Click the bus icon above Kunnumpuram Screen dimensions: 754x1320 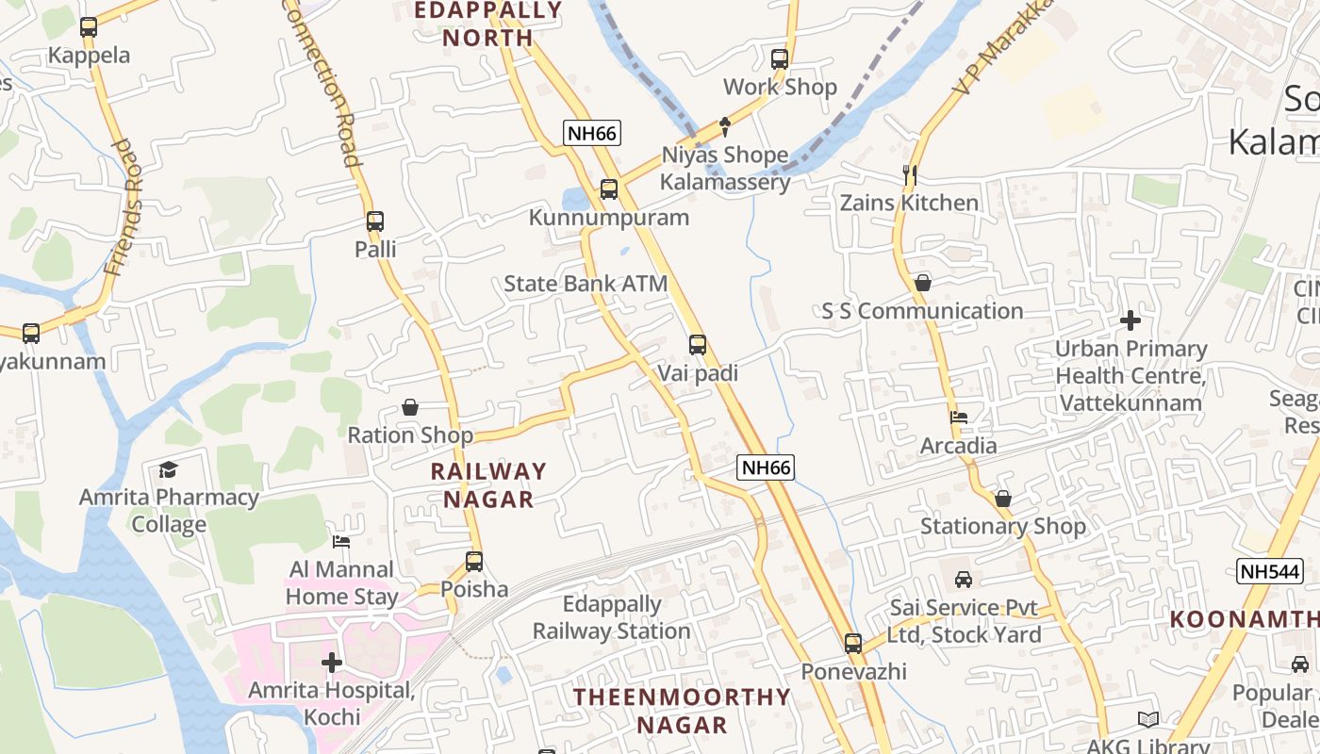(609, 189)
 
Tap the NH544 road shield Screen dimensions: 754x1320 (1269, 570)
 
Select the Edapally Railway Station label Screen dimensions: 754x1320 (612, 617)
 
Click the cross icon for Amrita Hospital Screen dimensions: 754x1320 (332, 663)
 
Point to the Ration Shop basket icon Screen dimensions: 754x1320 (410, 407)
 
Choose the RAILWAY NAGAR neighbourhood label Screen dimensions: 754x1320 (488, 484)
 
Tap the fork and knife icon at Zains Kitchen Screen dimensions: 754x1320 (910, 174)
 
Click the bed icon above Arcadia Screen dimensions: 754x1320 (959, 418)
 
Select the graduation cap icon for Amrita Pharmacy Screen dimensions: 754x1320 (169, 469)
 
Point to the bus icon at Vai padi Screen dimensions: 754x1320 (698, 345)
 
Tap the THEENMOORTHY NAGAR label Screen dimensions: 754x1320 (683, 711)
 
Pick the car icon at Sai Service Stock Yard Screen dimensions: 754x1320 (964, 579)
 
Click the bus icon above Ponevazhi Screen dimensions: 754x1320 (853, 644)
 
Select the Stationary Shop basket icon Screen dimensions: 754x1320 (1003, 498)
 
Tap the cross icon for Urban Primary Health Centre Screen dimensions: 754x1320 (1130, 320)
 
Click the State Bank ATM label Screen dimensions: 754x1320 (586, 284)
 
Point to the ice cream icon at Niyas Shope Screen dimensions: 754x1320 (724, 125)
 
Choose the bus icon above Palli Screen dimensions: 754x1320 (375, 221)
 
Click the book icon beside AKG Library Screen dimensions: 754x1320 (1147, 719)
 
